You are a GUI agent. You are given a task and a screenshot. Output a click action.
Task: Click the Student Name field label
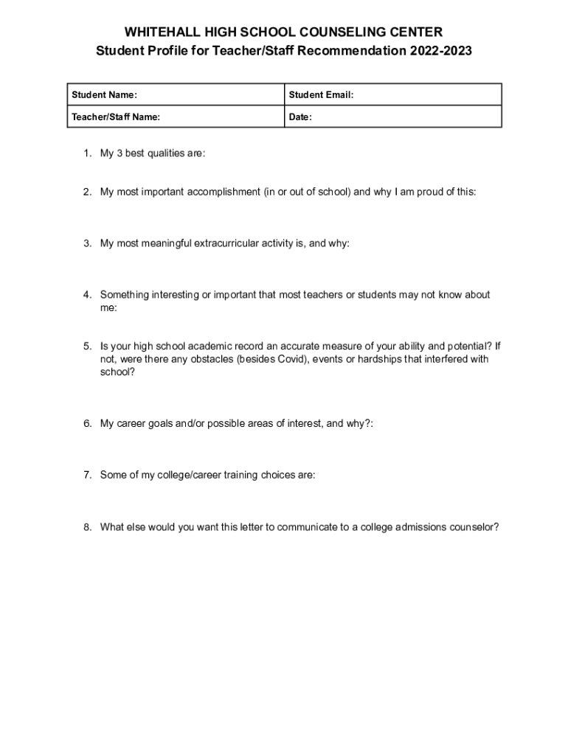pos(104,95)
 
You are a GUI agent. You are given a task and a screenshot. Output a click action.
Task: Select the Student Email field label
pos(322,95)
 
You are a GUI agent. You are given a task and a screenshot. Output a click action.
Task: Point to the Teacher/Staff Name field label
pos(116,116)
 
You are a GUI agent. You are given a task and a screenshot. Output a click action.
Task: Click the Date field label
pos(300,116)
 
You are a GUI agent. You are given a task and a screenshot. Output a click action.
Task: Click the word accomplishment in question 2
pos(223,192)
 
